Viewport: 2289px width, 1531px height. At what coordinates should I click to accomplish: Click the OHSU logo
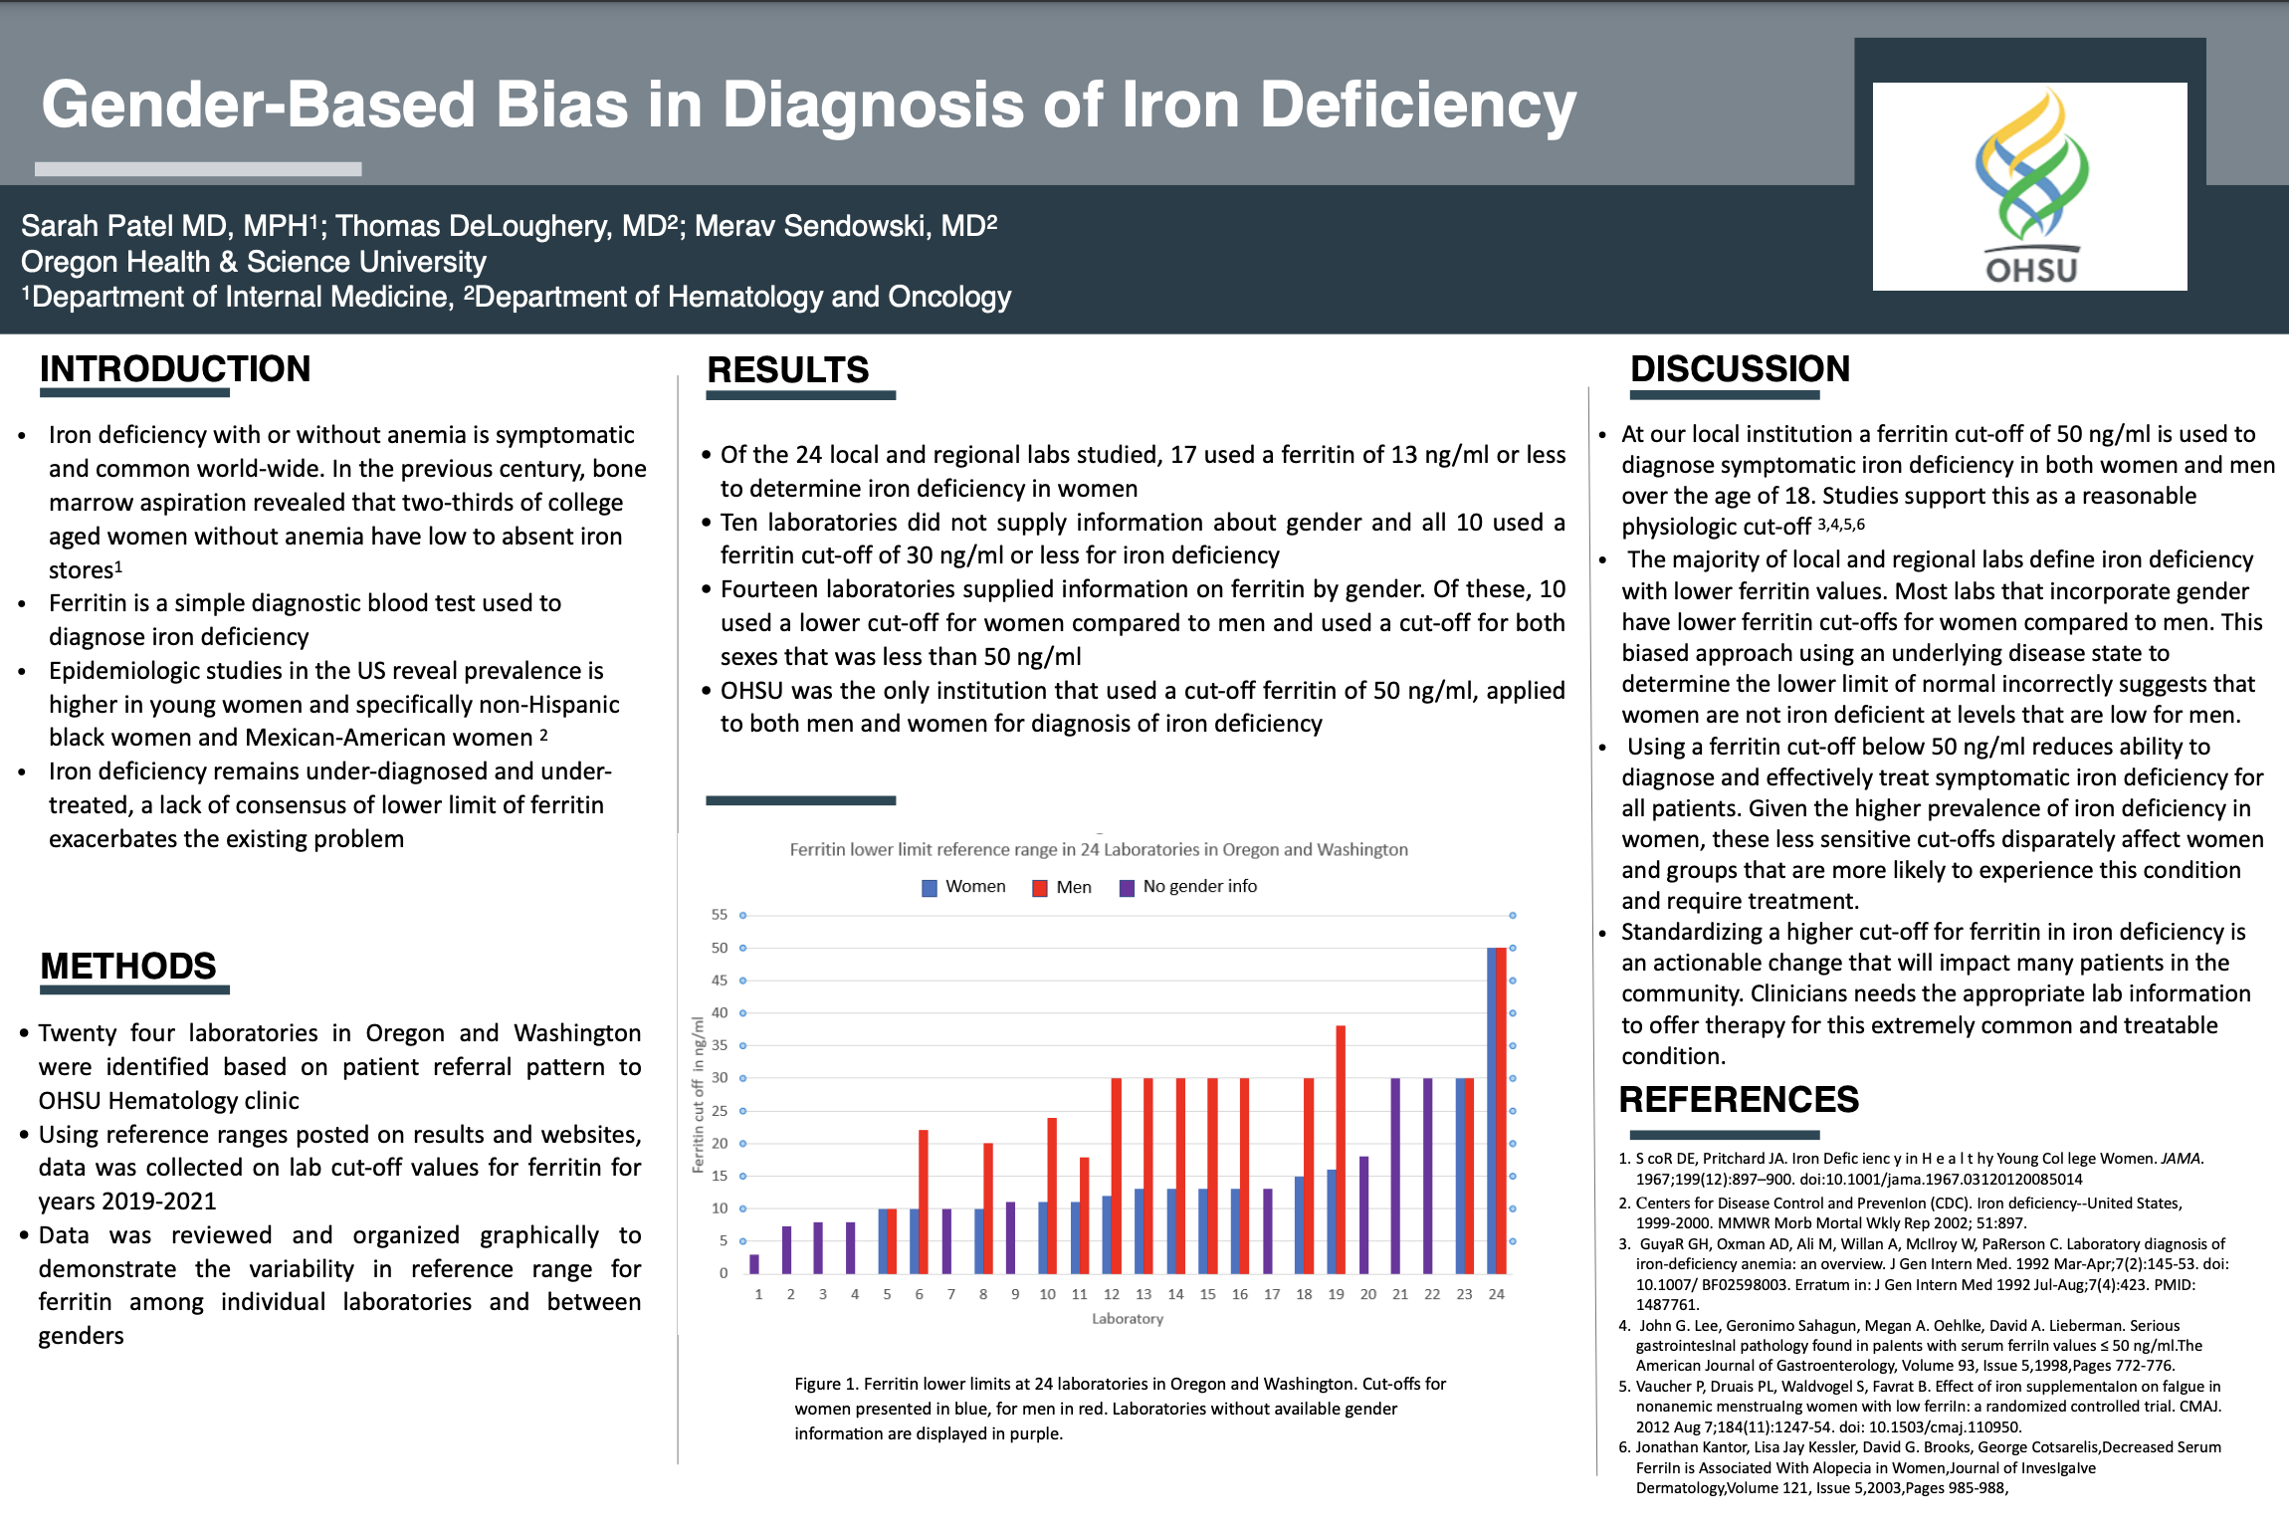2029,187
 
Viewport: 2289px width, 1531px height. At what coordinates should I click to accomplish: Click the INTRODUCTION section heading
175,369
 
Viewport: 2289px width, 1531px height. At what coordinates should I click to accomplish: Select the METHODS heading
128,967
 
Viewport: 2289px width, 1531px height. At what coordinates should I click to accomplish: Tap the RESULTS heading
787,370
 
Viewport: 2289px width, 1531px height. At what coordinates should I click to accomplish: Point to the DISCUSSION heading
1740,369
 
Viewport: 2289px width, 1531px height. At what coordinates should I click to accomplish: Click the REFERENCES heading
1739,1100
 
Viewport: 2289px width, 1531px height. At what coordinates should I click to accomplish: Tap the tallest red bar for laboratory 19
1341,1150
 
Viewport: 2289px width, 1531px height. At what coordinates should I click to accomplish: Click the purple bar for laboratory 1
754,1264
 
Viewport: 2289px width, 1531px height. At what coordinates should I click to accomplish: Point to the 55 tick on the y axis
720,915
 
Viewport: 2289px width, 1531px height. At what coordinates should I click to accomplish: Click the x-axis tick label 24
1496,1295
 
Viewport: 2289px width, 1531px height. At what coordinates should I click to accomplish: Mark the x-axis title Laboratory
1127,1319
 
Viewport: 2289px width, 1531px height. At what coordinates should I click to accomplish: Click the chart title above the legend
1098,850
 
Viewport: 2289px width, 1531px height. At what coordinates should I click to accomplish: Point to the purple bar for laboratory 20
1364,1215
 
